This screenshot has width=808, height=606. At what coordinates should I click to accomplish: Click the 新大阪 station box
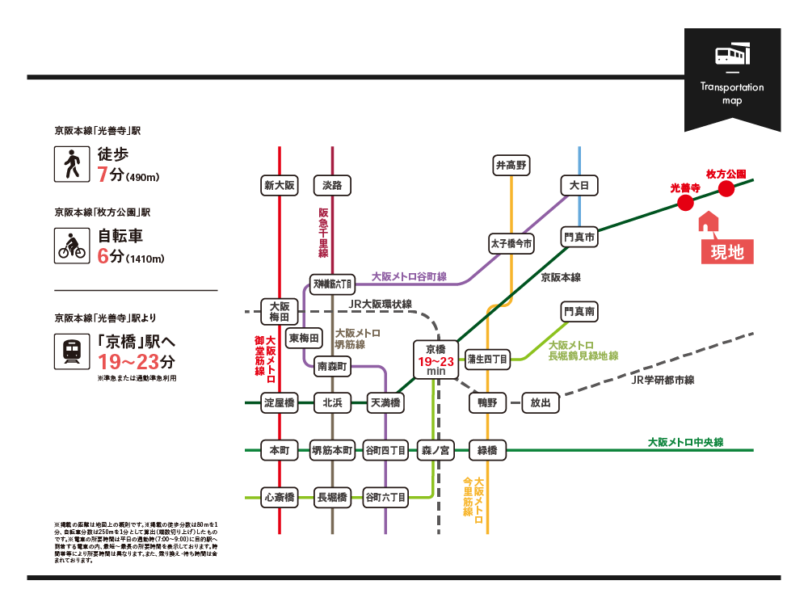coord(280,186)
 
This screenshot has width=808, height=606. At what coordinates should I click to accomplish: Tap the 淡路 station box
coord(332,186)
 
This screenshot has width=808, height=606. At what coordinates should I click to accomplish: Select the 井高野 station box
coord(511,166)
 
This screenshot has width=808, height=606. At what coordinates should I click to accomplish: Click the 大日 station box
coord(579,186)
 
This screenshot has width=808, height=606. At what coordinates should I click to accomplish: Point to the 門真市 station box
coord(579,238)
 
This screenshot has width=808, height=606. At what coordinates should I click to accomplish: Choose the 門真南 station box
coord(579,311)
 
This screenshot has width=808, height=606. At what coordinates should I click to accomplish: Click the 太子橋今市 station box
coord(511,243)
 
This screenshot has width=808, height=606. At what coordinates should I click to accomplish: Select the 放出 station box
coord(541,402)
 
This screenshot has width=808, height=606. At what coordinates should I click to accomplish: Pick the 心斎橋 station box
coord(280,496)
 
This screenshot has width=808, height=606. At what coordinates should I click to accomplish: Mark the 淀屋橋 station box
coord(280,402)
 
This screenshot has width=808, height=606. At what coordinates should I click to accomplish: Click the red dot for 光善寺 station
coord(685,204)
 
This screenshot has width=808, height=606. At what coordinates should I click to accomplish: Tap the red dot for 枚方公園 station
coord(726,189)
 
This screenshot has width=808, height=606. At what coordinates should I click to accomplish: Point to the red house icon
coord(708,221)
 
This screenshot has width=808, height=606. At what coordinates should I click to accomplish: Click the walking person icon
coord(70,164)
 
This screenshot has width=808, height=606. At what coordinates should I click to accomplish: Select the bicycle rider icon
coord(70,245)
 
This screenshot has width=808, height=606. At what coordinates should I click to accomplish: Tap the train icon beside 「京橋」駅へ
coord(70,352)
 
